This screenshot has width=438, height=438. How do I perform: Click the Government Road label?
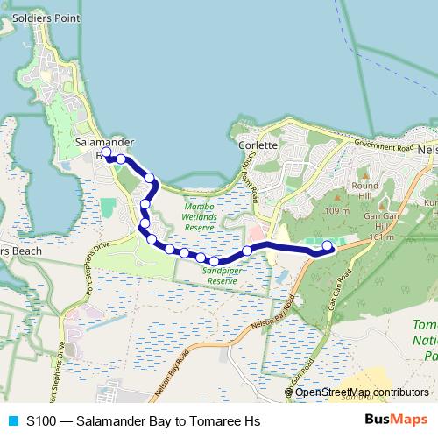pyautogui.click(x=384, y=146)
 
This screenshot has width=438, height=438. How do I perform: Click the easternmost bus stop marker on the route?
pyautogui.click(x=328, y=246)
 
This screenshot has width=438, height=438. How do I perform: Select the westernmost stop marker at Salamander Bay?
pyautogui.click(x=107, y=152)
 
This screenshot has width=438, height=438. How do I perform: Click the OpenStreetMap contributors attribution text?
pyautogui.click(x=357, y=392)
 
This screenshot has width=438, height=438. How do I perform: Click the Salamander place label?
pyautogui.click(x=104, y=140)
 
